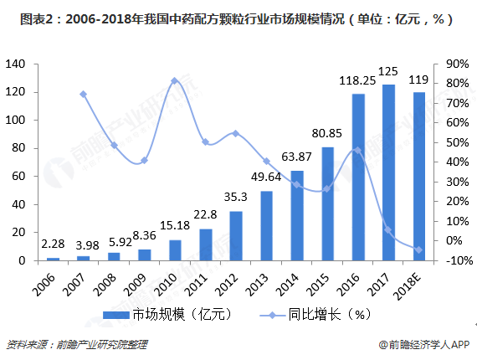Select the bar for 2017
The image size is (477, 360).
[388, 172]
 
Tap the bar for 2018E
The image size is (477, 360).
[418, 177]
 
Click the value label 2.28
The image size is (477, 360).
[53, 244]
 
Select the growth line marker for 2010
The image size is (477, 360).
[174, 81]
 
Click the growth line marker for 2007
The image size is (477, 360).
[83, 94]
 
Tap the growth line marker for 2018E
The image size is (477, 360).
[418, 249]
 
